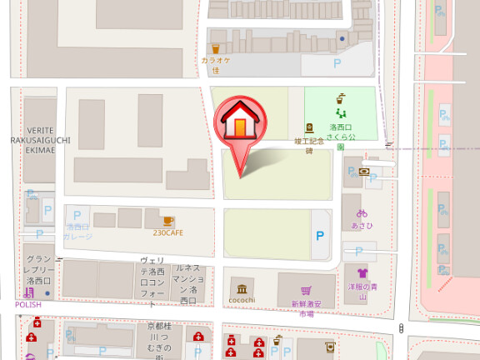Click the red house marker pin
tap(239, 125)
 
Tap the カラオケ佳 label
tap(215, 65)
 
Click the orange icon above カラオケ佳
tap(216, 48)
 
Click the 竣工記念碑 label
tap(308, 147)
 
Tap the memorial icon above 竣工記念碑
tap(308, 128)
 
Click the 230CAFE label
tap(167, 232)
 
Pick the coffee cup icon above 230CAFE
tap(167, 220)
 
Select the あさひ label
tap(361, 225)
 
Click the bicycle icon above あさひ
tap(361, 212)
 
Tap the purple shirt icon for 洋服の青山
tap(362, 272)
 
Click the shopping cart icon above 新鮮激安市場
tap(307, 289)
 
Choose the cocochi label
tap(242, 300)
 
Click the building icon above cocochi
tap(242, 287)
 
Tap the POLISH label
tap(27, 305)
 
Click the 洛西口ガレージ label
tap(77, 231)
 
